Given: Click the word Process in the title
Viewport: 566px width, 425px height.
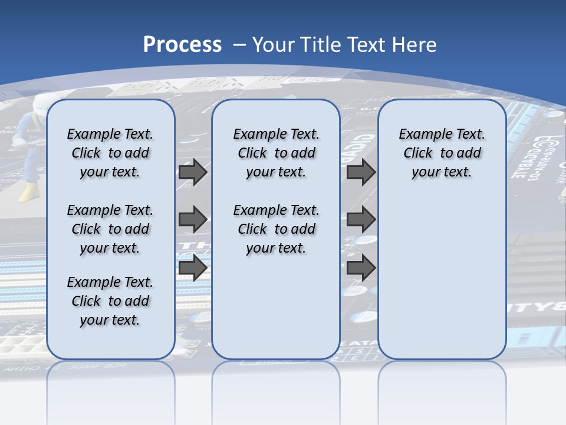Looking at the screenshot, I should pos(182,45).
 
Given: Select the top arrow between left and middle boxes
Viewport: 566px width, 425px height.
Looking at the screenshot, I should pos(193,172).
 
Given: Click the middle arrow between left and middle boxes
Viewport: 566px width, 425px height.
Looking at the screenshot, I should pos(193,220).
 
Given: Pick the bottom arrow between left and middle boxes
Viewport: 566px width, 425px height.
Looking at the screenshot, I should pos(193,267).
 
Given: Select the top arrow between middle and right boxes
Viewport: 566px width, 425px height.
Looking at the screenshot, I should pos(361,172).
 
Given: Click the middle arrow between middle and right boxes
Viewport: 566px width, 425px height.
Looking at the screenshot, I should pos(361,220).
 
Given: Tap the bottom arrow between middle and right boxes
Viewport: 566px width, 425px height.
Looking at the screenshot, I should pos(361,267).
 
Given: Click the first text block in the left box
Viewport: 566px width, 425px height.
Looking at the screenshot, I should pos(110,153).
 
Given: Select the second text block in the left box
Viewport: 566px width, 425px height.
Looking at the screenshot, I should pos(110,229).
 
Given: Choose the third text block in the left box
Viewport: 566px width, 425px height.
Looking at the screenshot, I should pos(110,301).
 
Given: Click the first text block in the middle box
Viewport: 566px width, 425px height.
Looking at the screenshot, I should pos(276,153).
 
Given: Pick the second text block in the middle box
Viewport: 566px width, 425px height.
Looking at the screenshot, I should pos(276,229).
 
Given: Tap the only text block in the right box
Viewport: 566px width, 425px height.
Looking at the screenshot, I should pos(442,153).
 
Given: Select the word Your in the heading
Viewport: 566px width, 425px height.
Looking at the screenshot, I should pos(274,45).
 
